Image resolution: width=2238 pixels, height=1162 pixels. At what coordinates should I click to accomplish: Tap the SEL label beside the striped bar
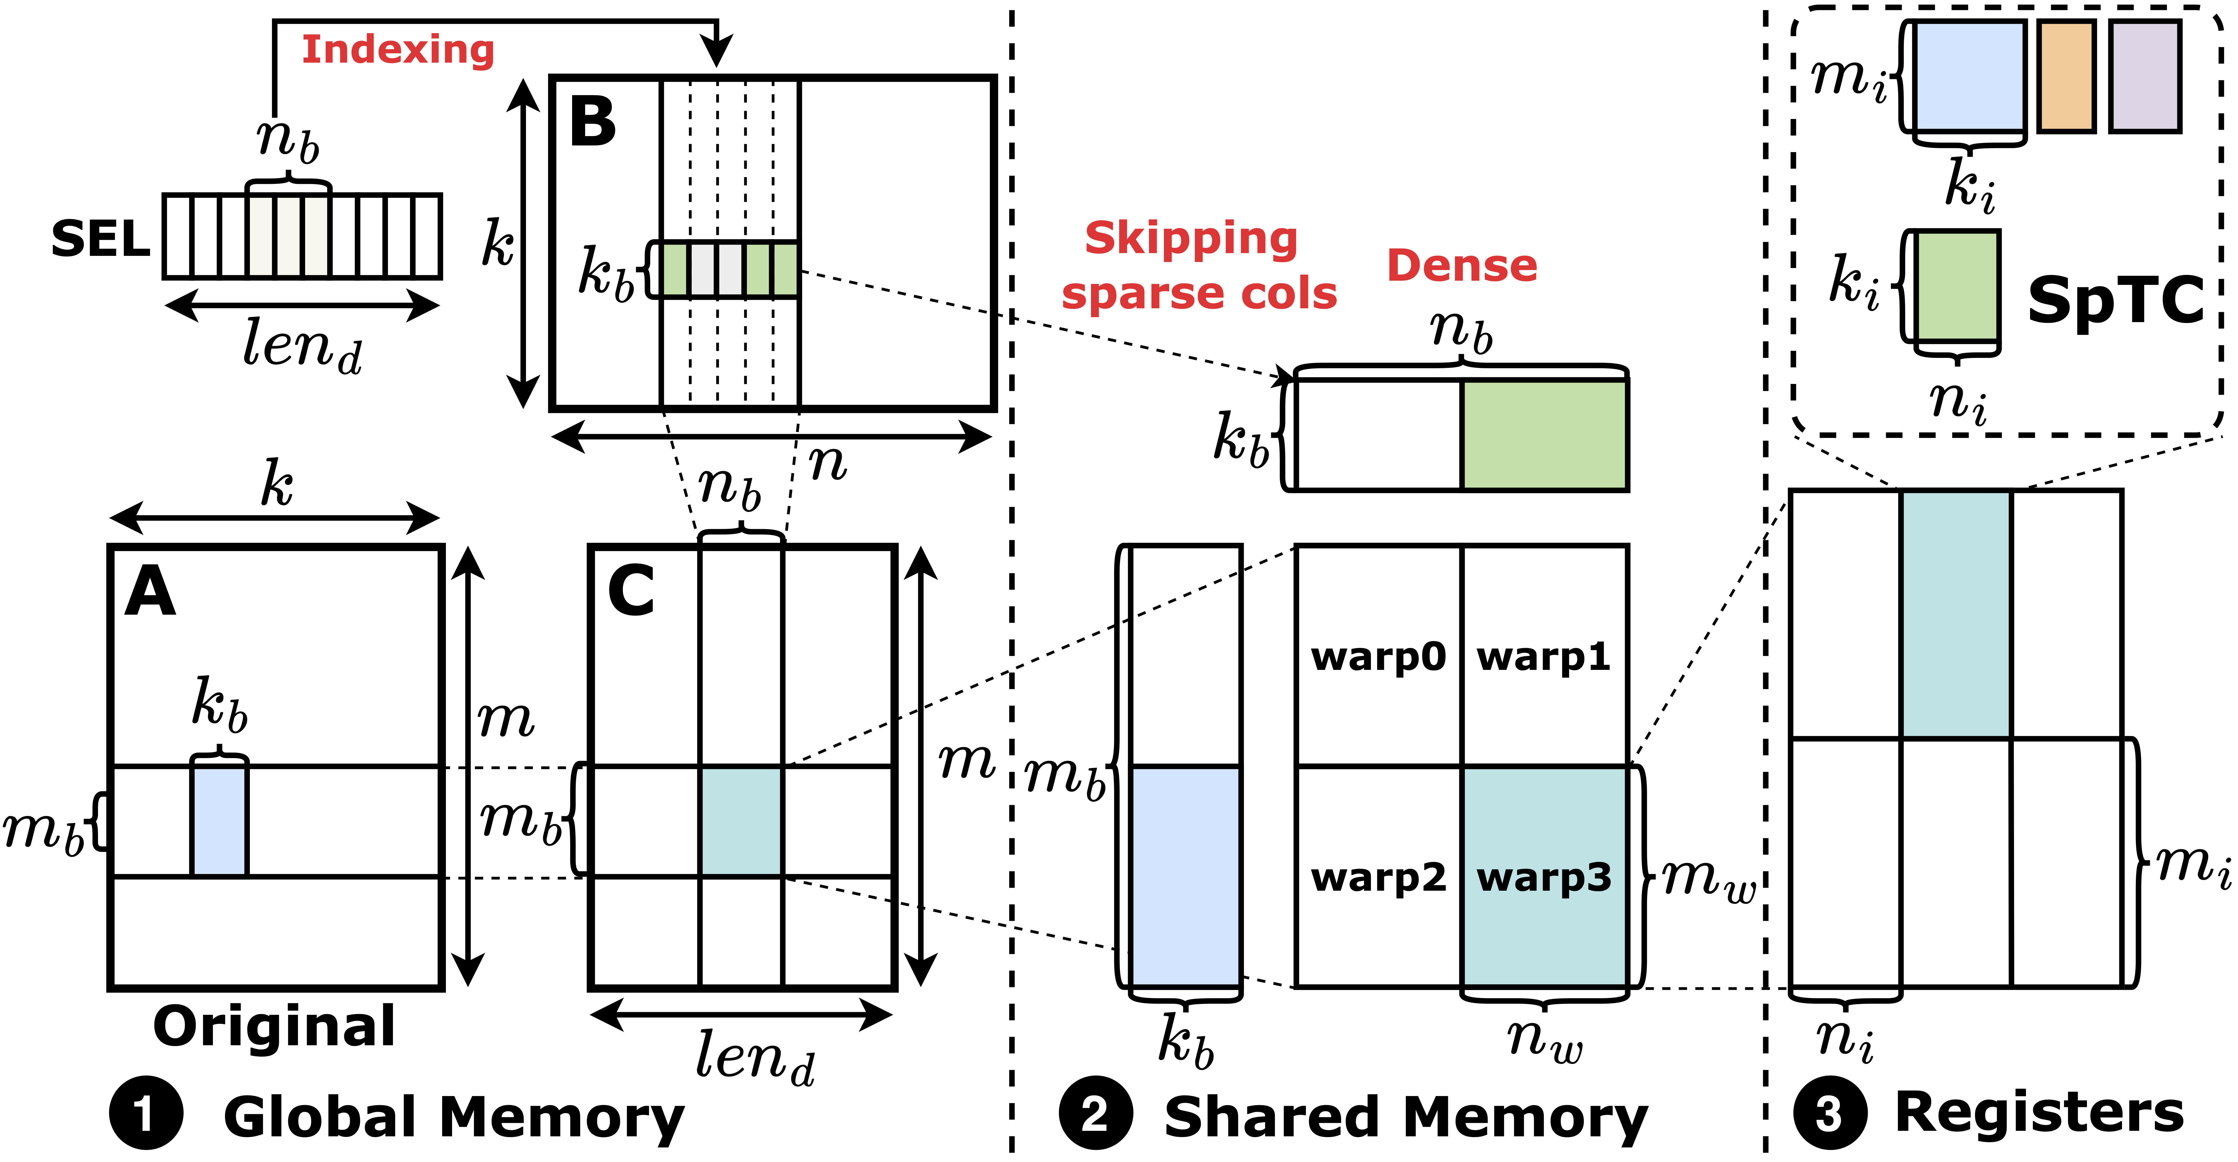101,239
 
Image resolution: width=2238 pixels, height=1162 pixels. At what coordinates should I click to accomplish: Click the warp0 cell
1378,657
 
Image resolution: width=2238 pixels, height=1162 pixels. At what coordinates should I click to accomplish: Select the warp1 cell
1544,657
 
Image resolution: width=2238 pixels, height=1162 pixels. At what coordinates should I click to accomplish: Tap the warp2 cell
1378,877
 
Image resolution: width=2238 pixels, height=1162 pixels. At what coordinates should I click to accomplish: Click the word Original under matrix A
274,1026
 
